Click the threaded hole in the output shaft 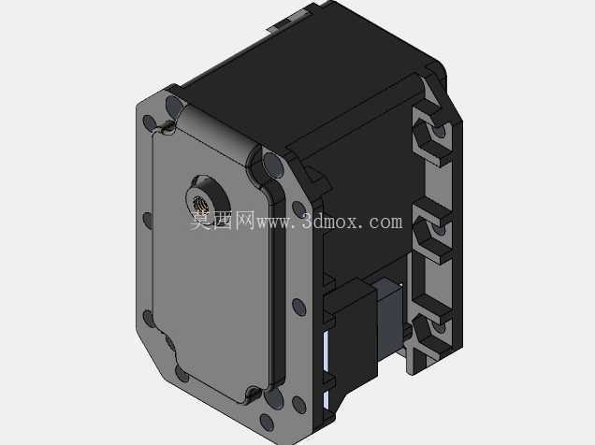pyautogui.click(x=200, y=205)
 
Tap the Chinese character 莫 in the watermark pyautogui.click(x=200, y=221)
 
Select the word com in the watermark pyautogui.click(x=386, y=222)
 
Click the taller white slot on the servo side pyautogui.click(x=326, y=351)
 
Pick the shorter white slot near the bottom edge pyautogui.click(x=326, y=400)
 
